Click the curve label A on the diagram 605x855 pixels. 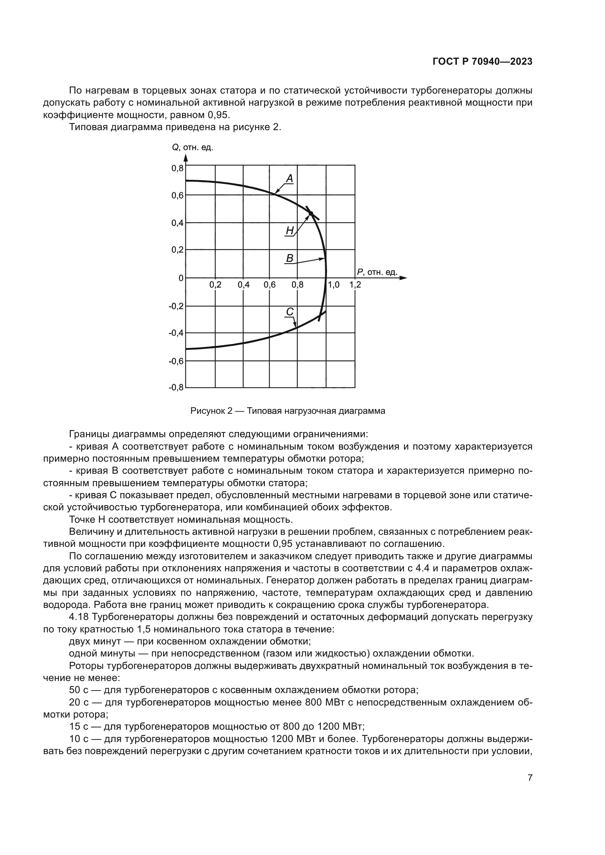pos(289,179)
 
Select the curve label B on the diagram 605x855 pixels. pos(289,258)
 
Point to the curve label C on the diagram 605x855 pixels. pos(290,311)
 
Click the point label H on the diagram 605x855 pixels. pos(289,231)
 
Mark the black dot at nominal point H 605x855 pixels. pos(311,213)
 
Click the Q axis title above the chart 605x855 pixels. pos(192,147)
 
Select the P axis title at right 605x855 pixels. pos(377,272)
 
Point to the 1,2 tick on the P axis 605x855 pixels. pos(355,285)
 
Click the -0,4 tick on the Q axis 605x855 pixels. pos(176,333)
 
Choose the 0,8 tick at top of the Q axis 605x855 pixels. pos(177,168)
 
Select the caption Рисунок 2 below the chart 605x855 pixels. pos(288,411)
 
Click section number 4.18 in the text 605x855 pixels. pos(79,617)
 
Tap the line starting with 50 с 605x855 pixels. pos(244,690)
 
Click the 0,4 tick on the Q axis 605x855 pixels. pos(177,223)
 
